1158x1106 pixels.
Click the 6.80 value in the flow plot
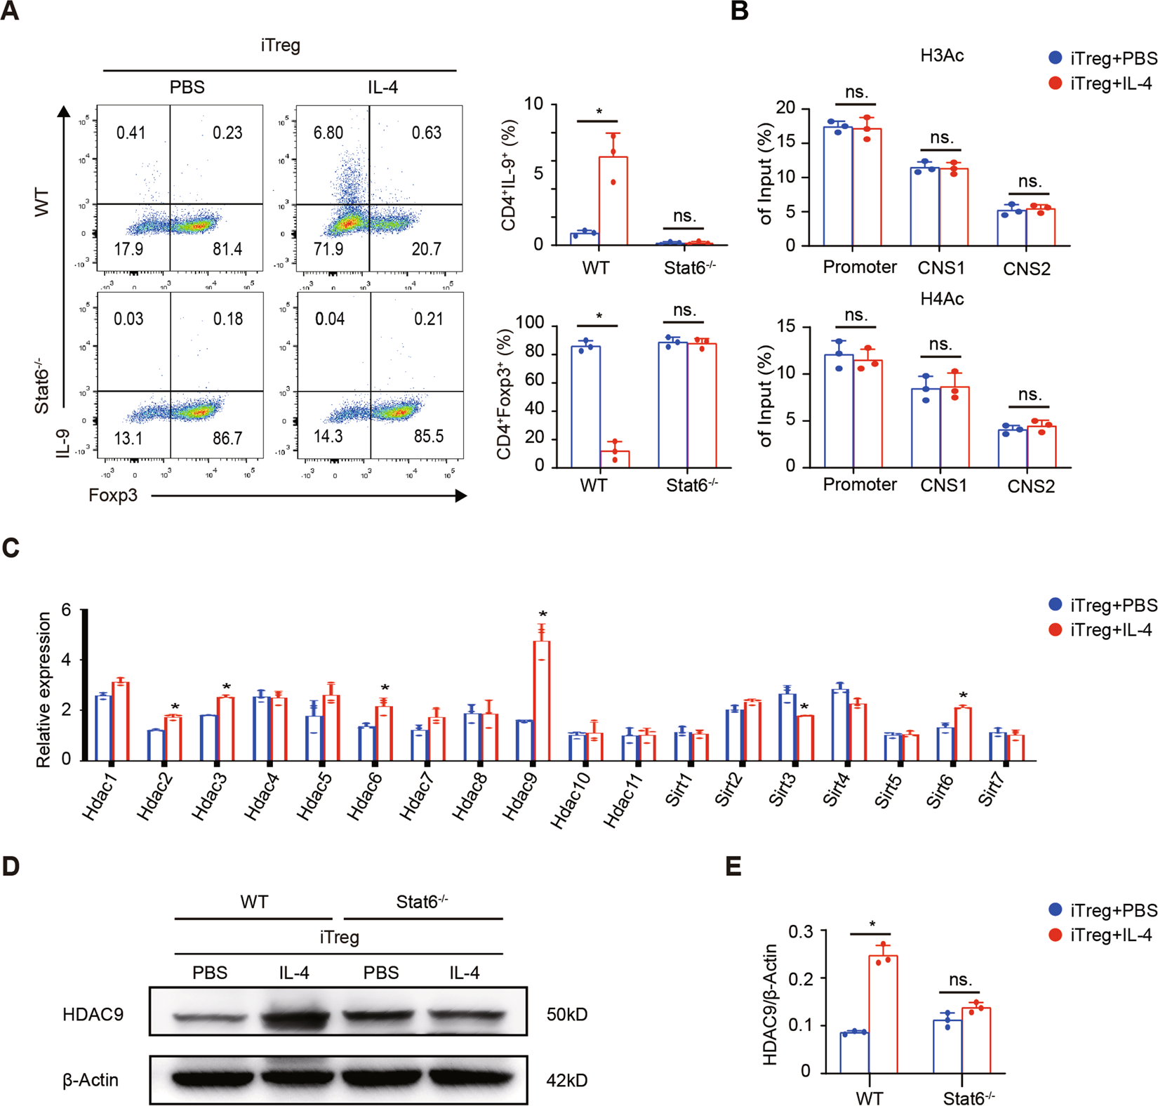tap(328, 133)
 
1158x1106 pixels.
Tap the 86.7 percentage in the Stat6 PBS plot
tap(227, 439)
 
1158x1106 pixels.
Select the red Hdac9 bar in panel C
tap(541, 700)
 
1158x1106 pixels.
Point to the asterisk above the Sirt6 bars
tap(963, 695)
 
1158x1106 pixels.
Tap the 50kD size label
tap(567, 1015)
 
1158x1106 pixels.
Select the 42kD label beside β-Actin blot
tap(567, 1080)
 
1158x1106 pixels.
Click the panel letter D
tap(11, 866)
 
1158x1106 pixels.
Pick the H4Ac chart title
tap(942, 299)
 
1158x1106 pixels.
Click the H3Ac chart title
tap(942, 55)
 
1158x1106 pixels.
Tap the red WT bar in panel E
tap(883, 1013)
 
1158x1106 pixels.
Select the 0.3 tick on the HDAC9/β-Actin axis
tap(801, 931)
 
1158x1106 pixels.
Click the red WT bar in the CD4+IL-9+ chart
tap(613, 201)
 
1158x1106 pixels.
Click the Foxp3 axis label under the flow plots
tap(113, 495)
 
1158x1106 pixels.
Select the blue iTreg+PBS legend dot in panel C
tap(1055, 604)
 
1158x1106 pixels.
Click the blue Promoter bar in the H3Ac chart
tap(838, 186)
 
